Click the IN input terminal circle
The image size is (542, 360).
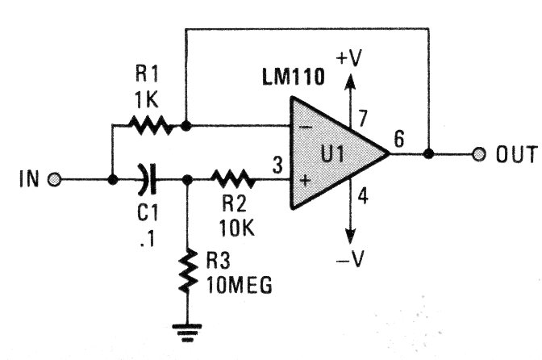(54, 180)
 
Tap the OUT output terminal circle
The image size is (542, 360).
(479, 154)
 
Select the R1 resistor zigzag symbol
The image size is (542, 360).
(150, 125)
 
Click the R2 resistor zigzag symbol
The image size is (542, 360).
(233, 179)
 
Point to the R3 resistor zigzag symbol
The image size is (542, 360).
(188, 270)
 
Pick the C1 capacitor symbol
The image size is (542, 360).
(148, 179)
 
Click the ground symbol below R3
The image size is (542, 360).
(187, 333)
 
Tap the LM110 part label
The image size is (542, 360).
(294, 77)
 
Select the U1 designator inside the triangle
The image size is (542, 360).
(332, 154)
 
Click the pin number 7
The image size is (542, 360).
(362, 119)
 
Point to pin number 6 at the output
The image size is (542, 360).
(399, 139)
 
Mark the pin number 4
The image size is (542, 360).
(363, 195)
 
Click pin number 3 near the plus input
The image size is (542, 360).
(277, 165)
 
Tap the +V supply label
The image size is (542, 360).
(349, 58)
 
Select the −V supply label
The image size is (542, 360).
(351, 258)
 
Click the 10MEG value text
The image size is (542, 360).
(240, 285)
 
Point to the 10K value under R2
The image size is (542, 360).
(236, 228)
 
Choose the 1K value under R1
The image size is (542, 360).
(147, 100)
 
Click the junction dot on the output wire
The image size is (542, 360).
(428, 154)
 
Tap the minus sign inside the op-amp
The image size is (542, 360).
(305, 128)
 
